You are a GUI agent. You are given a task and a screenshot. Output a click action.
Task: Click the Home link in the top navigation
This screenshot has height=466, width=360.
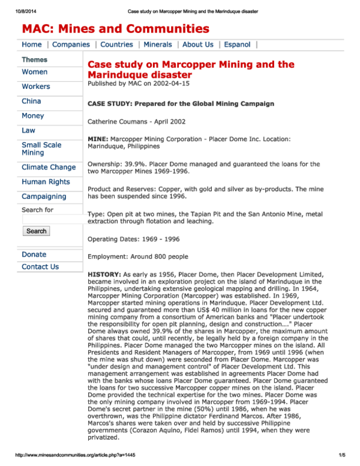point(32,44)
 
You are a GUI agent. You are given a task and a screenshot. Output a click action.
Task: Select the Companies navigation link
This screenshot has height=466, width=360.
point(71,44)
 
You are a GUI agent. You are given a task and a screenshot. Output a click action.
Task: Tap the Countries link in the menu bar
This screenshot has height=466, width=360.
point(116,44)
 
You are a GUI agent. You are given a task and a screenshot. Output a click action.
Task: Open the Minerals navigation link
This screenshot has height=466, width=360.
point(157,44)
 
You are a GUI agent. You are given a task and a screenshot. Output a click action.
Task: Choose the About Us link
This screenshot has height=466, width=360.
point(197,44)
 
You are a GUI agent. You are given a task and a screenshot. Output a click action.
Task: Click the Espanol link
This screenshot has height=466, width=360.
point(238,44)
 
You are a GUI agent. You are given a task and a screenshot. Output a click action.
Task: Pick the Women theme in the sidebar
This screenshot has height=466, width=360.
point(35,72)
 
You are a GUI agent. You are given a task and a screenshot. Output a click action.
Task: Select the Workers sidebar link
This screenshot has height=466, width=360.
point(36,86)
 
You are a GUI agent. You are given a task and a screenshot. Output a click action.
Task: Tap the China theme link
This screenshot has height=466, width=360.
point(31,101)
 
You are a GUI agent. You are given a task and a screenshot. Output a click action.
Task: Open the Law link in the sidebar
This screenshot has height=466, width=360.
point(28,130)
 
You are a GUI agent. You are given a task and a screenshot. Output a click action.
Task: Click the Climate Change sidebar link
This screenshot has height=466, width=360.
point(49,168)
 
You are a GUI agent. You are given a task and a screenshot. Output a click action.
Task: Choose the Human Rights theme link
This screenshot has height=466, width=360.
point(46,182)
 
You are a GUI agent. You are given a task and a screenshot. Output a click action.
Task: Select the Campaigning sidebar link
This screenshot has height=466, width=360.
point(44,197)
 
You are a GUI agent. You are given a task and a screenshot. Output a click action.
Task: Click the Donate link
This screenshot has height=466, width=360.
point(34,255)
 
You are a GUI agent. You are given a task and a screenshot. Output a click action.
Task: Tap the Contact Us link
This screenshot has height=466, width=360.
point(40,267)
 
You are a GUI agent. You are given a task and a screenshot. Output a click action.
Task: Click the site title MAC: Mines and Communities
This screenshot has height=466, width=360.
point(116,28)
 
